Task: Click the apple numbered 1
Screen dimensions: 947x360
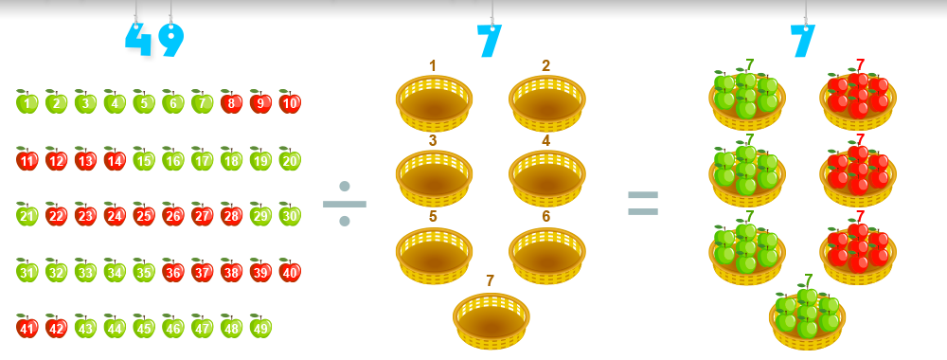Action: (27, 102)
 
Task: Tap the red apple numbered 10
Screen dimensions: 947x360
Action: (290, 102)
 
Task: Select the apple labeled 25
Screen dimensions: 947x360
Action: (144, 214)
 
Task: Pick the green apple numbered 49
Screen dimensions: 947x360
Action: (260, 327)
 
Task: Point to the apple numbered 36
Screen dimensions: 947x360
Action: (172, 271)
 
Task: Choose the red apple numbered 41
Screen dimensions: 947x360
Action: (27, 327)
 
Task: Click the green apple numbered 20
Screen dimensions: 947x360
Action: (290, 159)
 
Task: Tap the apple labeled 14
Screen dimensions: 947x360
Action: (115, 159)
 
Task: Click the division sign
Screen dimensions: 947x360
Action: (345, 204)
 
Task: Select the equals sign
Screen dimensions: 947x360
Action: (643, 203)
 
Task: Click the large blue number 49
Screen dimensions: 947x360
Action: (154, 40)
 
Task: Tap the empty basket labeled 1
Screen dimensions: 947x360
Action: (435, 102)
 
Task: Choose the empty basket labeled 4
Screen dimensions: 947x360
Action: (547, 178)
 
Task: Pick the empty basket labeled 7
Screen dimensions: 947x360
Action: (491, 321)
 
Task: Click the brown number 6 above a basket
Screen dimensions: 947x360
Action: (546, 216)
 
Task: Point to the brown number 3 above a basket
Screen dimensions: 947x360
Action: (433, 141)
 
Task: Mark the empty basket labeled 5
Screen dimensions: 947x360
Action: (435, 256)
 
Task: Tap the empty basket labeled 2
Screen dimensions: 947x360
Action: (547, 102)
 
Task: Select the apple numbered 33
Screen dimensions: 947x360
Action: (85, 271)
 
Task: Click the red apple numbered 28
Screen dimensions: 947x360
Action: (231, 214)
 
